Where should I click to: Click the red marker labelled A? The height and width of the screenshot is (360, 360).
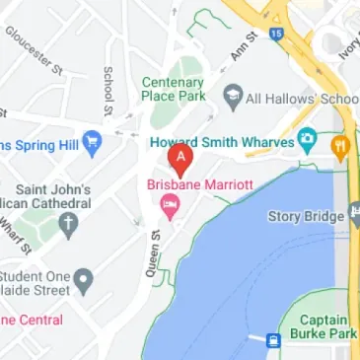pyautogui.click(x=180, y=158)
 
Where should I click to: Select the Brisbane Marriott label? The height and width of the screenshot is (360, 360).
pyautogui.click(x=199, y=184)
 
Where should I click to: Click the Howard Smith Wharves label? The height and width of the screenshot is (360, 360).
pyautogui.click(x=222, y=141)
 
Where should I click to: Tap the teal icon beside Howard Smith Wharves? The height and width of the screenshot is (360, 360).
pyautogui.click(x=308, y=138)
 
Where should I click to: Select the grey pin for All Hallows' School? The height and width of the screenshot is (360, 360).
pyautogui.click(x=233, y=97)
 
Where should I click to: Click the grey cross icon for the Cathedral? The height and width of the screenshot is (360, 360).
pyautogui.click(x=69, y=226)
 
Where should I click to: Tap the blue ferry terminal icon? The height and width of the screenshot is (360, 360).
pyautogui.click(x=272, y=340)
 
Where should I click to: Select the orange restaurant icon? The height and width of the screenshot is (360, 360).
pyautogui.click(x=340, y=148)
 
